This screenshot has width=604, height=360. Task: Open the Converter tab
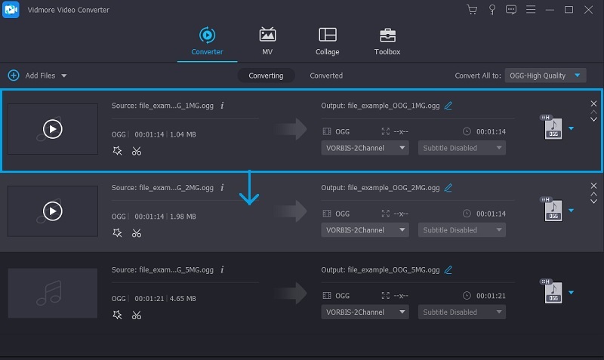206,41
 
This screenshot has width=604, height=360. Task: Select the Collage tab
327,41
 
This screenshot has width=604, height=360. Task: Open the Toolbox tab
387,41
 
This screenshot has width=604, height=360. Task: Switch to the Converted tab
326,75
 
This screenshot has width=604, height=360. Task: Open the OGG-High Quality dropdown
545,75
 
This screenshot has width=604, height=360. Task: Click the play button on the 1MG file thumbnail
52,129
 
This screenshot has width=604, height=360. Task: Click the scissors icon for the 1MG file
136,151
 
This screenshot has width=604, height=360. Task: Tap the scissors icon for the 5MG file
136,315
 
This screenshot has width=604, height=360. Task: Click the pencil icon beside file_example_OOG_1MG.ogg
448,106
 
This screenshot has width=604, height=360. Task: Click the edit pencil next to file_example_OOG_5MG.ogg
448,269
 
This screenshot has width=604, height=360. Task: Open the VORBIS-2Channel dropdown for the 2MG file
365,230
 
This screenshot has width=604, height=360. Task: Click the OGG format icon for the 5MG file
553,293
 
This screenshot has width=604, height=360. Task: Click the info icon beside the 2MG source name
222,188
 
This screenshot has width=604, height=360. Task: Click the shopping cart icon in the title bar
472,10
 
